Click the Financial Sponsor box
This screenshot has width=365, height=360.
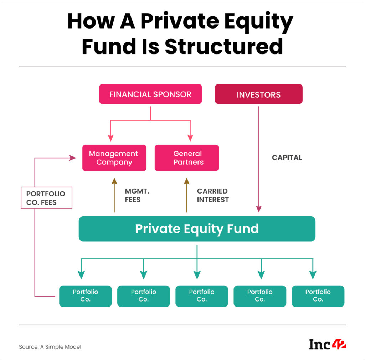point(150,94)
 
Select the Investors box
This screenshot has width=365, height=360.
point(258,94)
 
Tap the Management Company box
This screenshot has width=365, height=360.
point(114,158)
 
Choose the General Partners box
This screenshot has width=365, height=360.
point(186,158)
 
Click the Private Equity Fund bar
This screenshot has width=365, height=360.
point(197,229)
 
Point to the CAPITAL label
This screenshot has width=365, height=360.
point(287,158)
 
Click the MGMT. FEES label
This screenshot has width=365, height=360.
point(137,196)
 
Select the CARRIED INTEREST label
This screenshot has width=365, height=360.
point(213,196)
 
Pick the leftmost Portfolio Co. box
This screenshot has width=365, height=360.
point(86,296)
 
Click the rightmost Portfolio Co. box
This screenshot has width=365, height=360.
point(318,296)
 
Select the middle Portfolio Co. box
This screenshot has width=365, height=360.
point(202,296)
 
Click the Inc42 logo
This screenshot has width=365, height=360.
point(328,344)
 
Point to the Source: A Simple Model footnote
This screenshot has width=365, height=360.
point(50,346)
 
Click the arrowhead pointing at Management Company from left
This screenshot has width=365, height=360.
point(73,158)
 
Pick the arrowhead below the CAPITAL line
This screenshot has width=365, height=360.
point(259,209)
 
